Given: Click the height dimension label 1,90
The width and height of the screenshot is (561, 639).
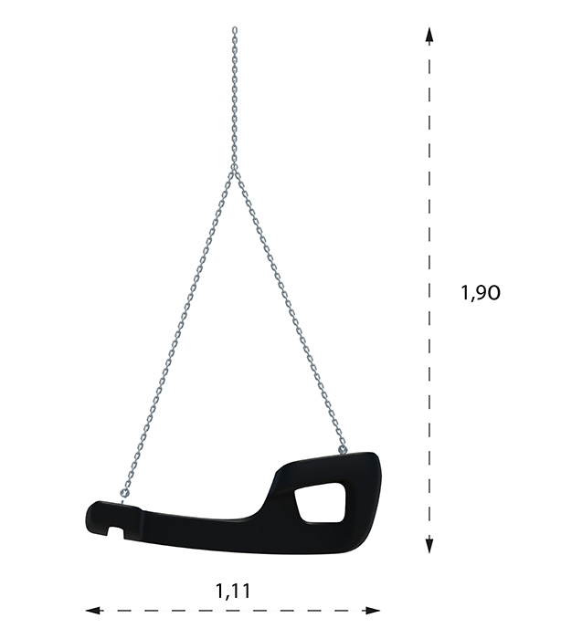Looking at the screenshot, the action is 480,293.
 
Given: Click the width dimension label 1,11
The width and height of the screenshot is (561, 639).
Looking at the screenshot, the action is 233,592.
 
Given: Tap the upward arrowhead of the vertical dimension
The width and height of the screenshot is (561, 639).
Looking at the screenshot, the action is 429,35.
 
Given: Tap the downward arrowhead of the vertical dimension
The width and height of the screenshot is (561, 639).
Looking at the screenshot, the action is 429,545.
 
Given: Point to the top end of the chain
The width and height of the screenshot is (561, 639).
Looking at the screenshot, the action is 235,29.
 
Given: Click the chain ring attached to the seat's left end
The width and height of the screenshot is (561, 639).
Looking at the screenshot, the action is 125,493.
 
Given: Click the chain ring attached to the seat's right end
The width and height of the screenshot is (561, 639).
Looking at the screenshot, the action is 344,449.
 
